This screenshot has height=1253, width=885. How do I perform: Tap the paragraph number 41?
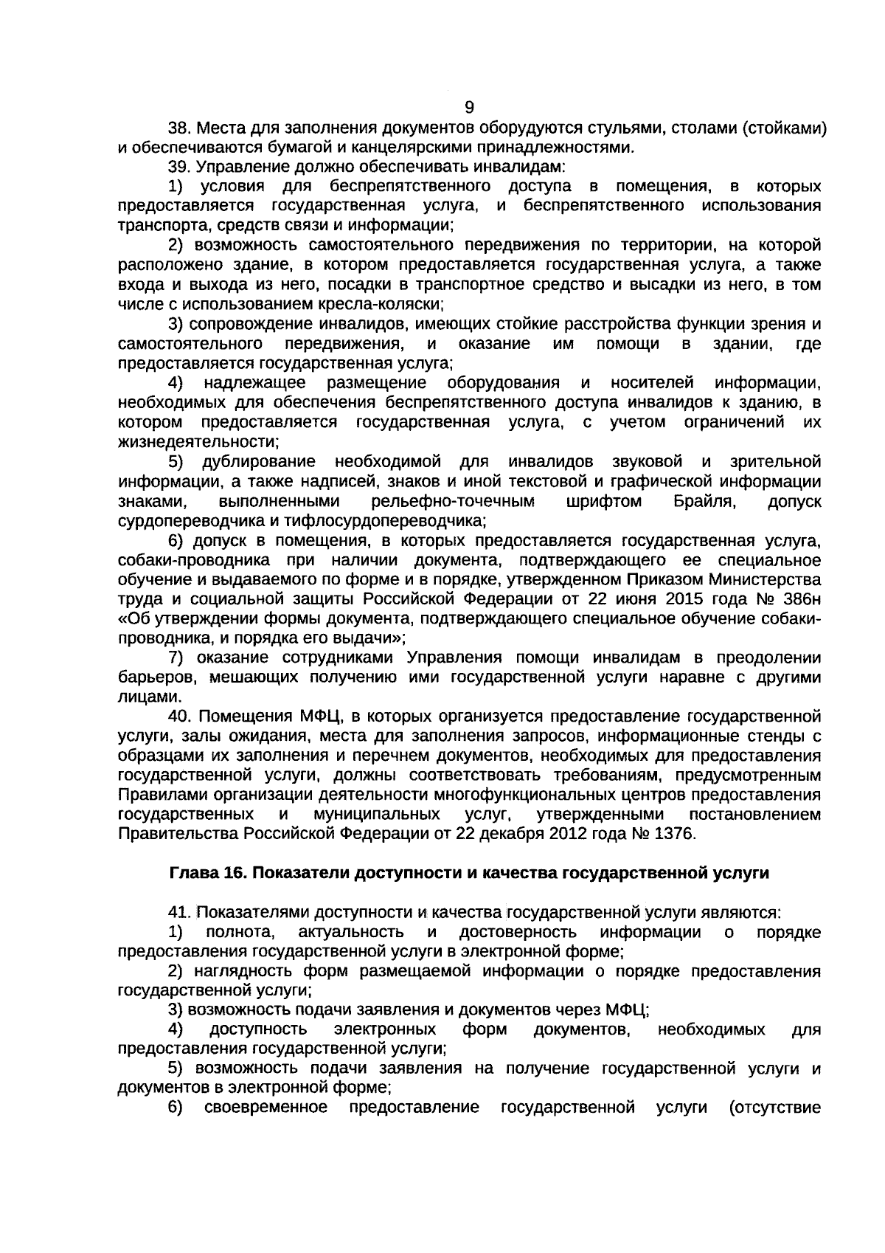(x=179, y=913)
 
